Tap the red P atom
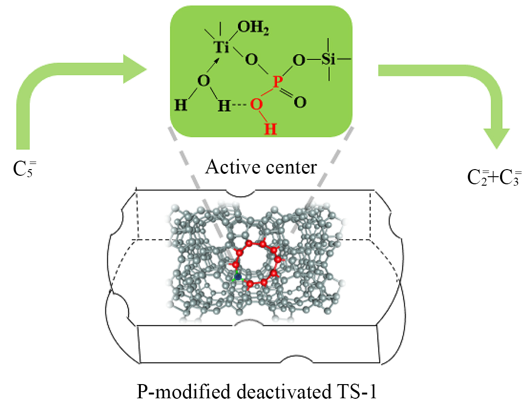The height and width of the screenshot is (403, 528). tap(278, 81)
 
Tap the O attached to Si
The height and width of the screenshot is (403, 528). tap(298, 60)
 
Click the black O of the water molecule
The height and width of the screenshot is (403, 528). tap(203, 81)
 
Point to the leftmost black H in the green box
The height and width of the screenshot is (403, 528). tap(180, 105)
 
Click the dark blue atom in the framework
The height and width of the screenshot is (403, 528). tap(238, 276)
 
